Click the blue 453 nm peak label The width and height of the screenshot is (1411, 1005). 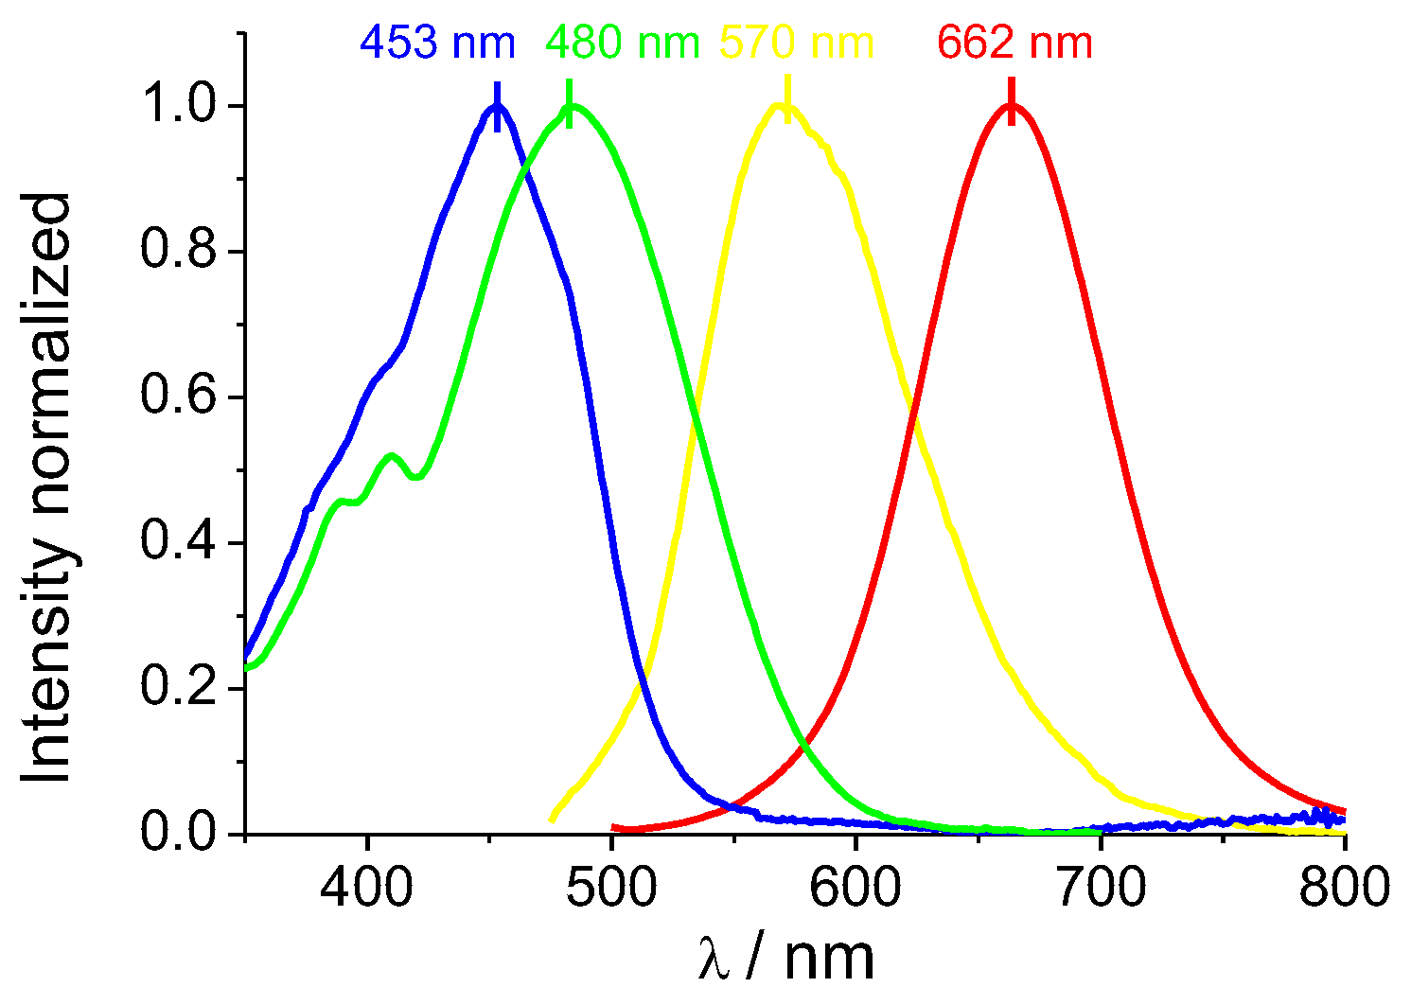[437, 44]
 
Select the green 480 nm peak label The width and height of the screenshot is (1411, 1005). [623, 44]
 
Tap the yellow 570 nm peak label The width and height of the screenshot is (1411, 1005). [797, 44]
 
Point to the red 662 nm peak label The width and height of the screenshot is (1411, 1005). [1015, 44]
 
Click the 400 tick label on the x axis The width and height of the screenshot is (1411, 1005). [367, 888]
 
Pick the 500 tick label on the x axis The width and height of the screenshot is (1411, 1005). [611, 888]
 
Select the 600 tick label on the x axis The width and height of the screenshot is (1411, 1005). [855, 888]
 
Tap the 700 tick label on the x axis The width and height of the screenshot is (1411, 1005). [1101, 888]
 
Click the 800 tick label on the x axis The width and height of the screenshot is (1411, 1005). [1344, 888]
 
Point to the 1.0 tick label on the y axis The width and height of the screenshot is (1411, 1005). [183, 107]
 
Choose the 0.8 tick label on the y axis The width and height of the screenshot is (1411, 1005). [183, 253]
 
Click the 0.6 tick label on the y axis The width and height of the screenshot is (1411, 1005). [183, 397]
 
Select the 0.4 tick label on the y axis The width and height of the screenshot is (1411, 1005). [183, 543]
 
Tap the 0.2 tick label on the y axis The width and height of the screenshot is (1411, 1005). [183, 689]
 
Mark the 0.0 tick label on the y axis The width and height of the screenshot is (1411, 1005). [183, 834]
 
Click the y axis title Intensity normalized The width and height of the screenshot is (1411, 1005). [47, 487]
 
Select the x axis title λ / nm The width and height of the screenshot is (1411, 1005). [785, 958]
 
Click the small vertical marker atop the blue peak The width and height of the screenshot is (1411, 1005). [497, 106]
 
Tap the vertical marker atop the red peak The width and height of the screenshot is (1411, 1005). [1011, 100]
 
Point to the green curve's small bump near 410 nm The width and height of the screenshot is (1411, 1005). [392, 456]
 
